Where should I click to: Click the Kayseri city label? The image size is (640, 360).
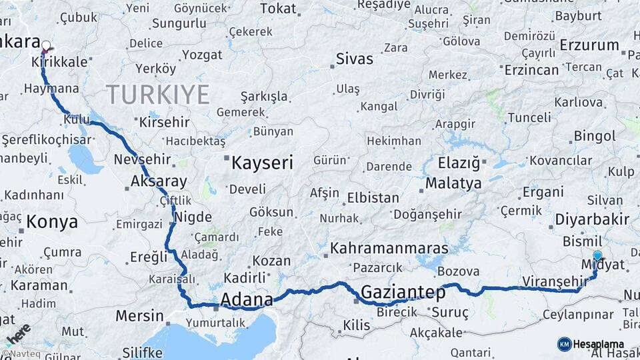263,161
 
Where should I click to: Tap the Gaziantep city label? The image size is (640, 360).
403,291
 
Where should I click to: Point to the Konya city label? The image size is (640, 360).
53,221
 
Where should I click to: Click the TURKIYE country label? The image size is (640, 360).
158,95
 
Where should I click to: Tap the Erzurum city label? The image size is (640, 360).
589,45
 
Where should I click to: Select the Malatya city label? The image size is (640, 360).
453,183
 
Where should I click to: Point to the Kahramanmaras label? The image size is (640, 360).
389,247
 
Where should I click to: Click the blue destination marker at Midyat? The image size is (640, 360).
597,255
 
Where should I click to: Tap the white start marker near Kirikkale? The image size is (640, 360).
46,46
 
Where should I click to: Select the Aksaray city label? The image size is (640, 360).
159,181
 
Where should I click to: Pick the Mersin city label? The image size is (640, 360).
139,315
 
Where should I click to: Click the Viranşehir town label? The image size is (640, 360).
553,281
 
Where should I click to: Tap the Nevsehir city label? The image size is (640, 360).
143,159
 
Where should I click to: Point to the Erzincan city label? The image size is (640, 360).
531,69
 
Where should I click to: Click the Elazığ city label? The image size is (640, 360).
459,162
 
